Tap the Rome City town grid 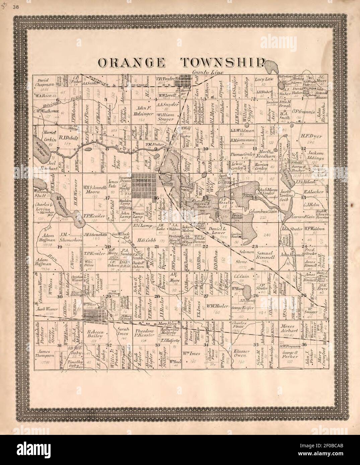[143, 184]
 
